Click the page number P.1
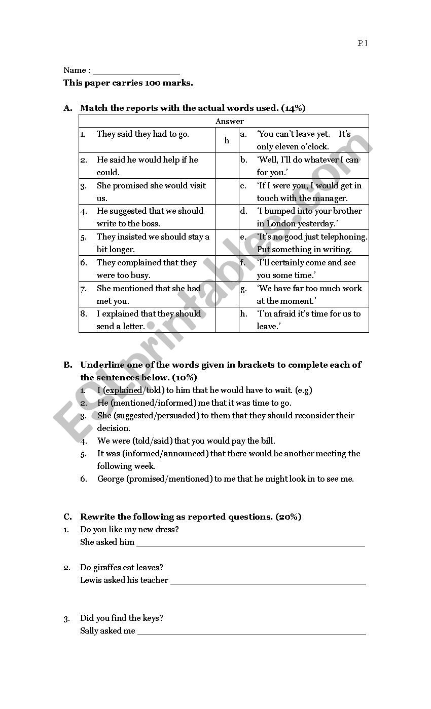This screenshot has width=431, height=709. [x=363, y=43]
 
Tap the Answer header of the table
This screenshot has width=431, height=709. [x=229, y=121]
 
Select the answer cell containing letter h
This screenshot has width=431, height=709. [x=227, y=140]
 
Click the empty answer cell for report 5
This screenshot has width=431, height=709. [x=227, y=243]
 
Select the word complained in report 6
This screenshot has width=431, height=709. [x=140, y=262]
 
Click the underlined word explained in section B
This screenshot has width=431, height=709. [x=124, y=390]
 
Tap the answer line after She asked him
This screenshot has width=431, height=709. [x=250, y=545]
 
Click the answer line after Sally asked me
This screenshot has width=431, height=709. [x=252, y=633]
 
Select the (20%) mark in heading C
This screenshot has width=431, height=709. [x=289, y=517]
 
